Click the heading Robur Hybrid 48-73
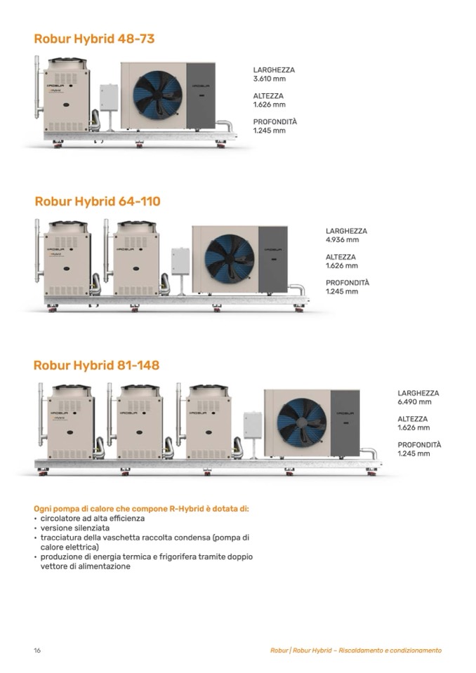click(x=94, y=39)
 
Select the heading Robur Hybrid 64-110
click(x=98, y=201)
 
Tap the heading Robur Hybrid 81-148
click(x=96, y=365)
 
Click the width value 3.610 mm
click(x=269, y=79)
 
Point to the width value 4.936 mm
click(x=342, y=239)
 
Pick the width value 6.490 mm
click(x=414, y=401)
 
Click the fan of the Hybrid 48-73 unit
click(x=157, y=95)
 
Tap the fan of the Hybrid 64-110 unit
click(x=229, y=258)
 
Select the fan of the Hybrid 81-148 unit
click(x=302, y=422)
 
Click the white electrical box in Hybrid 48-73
click(x=109, y=98)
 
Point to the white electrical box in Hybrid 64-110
click(x=180, y=261)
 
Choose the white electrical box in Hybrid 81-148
click(x=252, y=425)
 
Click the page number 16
click(x=37, y=651)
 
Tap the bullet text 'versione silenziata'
click(x=74, y=528)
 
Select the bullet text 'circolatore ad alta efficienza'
click(x=92, y=518)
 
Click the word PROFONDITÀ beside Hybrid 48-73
click(x=275, y=121)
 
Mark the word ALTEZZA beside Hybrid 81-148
click(x=413, y=419)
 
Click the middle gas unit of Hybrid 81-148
click(x=139, y=422)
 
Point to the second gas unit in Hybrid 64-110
click(x=136, y=259)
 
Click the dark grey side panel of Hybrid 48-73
click(x=201, y=95)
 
